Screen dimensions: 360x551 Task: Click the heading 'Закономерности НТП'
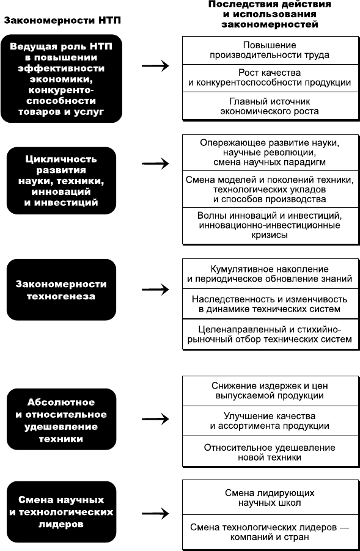[62, 21]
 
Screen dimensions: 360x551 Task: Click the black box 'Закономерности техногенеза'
[61, 290]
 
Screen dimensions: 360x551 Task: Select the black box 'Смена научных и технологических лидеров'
[61, 512]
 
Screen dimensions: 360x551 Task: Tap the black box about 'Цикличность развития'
[61, 181]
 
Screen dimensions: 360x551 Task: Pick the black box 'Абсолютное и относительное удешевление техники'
[61, 419]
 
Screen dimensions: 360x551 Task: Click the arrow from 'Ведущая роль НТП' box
[155, 65]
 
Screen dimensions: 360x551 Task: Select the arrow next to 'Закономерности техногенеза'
[155, 290]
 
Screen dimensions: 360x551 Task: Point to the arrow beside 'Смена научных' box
[155, 513]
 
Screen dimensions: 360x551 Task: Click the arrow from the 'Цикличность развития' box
[155, 163]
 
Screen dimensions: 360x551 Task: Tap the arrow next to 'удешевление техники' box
[155, 419]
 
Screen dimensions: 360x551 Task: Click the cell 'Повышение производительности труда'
[270, 50]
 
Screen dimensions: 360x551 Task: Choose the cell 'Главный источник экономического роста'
[270, 106]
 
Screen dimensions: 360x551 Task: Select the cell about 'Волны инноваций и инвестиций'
[270, 225]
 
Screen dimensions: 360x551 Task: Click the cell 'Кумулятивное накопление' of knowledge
[270, 274]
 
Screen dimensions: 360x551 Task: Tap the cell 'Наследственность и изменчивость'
[270, 304]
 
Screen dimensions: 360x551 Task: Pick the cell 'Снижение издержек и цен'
[270, 391]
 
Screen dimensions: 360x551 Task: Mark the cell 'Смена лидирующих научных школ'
[270, 498]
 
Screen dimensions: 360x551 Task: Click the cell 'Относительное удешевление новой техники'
[270, 452]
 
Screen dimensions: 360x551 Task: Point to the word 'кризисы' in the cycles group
[270, 235]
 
